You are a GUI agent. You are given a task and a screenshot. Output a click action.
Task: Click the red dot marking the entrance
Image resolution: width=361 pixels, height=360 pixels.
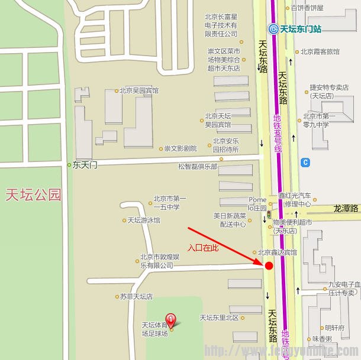point(269,266)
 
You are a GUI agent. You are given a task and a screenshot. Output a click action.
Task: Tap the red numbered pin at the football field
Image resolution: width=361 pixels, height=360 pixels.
point(171,320)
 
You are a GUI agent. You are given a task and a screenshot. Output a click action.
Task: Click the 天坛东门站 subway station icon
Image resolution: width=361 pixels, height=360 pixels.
point(273,28)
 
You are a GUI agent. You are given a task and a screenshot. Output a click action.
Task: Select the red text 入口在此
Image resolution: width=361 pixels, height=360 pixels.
point(203,248)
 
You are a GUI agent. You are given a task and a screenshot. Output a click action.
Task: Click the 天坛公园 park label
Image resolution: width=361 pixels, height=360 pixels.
point(34,195)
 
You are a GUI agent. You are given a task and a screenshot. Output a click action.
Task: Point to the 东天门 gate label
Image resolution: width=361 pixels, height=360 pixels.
point(85,166)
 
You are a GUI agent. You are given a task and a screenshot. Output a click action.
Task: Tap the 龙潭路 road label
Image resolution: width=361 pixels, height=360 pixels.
point(346,208)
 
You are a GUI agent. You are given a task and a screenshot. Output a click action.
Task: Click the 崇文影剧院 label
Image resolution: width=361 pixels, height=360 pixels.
point(180,148)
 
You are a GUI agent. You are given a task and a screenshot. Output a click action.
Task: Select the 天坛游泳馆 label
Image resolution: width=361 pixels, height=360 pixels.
point(144,220)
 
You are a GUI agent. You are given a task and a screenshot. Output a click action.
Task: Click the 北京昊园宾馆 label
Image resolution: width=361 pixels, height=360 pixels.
point(138,90)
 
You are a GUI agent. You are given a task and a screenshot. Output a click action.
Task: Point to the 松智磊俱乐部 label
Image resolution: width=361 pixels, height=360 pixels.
point(198,167)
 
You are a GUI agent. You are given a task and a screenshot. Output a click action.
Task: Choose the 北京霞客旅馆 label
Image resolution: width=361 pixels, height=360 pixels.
point(320,51)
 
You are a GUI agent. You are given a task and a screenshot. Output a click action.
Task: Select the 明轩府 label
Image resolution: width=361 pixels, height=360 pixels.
point(334,327)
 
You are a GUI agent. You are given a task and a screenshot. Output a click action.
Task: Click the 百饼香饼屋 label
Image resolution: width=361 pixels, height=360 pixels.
point(307,8)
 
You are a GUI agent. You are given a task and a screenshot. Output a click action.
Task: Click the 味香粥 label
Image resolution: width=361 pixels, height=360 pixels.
point(322,339)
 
